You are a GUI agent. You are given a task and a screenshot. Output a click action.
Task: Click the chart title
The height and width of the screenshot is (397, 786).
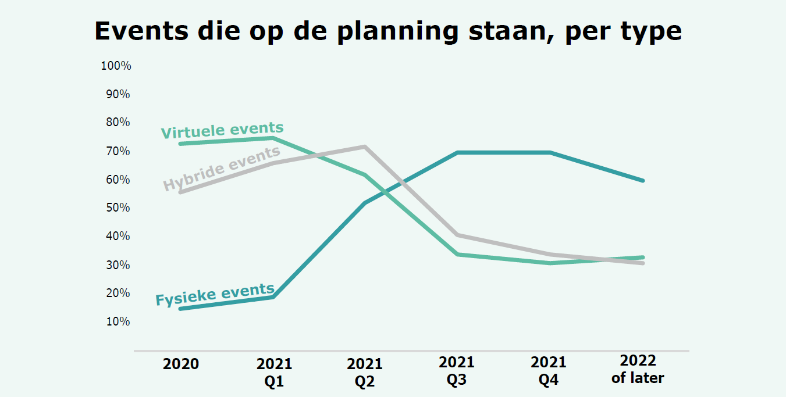[x=388, y=31]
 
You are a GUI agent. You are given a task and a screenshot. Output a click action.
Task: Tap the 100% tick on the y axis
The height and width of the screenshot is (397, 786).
[x=116, y=66]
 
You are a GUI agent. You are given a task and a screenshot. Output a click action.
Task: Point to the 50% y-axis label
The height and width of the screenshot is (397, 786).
[x=118, y=208]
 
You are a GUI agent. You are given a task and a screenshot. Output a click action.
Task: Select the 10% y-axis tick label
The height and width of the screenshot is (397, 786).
[x=118, y=321]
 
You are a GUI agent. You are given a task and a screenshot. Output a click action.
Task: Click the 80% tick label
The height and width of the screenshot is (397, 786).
[x=118, y=123]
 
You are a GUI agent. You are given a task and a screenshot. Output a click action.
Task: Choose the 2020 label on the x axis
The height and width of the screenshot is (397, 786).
[x=181, y=364]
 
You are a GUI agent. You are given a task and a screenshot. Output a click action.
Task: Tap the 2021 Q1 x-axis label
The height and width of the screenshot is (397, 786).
[x=274, y=373]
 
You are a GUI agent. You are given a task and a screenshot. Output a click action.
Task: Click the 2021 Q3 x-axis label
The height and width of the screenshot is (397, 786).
[x=457, y=371]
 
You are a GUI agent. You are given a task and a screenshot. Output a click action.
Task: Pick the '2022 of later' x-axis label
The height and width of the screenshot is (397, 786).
[x=638, y=369]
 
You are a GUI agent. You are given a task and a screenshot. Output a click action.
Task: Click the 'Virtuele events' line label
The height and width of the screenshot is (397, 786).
[x=222, y=130]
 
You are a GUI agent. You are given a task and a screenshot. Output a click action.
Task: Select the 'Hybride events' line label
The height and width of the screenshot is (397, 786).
[x=222, y=169]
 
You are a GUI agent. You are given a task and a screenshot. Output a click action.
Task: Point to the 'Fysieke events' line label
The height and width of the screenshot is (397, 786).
[x=215, y=295]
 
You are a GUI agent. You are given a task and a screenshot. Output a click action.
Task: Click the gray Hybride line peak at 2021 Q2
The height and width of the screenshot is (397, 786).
[x=365, y=146]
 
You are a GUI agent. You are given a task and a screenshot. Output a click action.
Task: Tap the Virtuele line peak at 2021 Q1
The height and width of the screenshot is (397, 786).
[x=273, y=138]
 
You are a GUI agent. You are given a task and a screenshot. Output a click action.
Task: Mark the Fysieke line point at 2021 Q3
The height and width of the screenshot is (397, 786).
[x=457, y=152]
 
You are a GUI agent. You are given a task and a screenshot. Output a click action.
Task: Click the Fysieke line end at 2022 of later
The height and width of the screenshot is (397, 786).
[x=643, y=181]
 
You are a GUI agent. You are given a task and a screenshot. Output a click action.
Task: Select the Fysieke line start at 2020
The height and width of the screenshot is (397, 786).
[x=180, y=309]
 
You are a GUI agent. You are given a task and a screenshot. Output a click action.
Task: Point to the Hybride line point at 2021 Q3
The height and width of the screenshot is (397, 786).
[x=457, y=235]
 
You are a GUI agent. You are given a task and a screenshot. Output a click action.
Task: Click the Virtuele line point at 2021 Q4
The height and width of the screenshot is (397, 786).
[x=550, y=263]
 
